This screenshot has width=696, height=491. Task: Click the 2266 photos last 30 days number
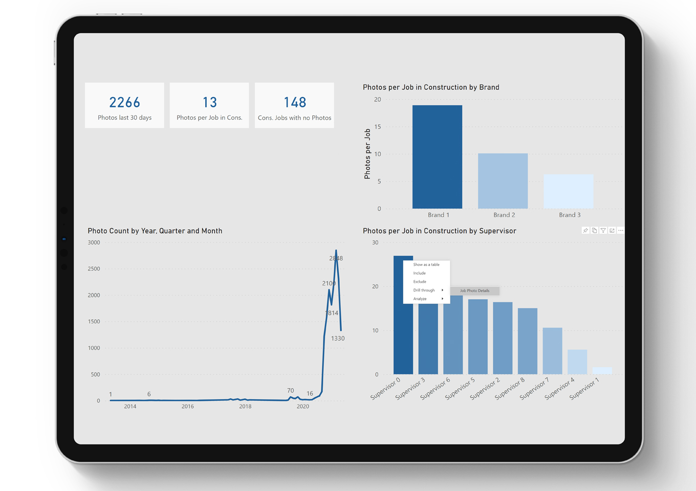124,103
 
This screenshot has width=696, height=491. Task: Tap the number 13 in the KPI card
209,103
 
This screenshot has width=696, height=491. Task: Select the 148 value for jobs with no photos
295,103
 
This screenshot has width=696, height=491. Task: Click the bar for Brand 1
437,157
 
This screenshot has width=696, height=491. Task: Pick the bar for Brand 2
503,181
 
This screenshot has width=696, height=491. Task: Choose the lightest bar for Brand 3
568,191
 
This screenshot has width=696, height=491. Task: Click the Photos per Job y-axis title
367,154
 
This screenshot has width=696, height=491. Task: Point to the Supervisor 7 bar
552,351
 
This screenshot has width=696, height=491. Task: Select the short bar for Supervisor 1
602,370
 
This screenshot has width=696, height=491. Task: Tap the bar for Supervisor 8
527,341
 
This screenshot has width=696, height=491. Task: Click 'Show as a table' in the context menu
426,264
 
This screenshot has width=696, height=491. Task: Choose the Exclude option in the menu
420,282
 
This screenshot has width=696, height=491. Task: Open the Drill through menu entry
424,291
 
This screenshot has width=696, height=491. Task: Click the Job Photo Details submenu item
474,291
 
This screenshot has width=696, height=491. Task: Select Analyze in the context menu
420,299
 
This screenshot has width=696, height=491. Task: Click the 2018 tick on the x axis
245,407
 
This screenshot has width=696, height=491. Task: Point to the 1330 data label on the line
338,339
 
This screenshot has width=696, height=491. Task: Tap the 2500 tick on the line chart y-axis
94,269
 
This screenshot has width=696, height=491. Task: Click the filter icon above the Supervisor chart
603,231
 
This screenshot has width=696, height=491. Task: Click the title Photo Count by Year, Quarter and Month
155,231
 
